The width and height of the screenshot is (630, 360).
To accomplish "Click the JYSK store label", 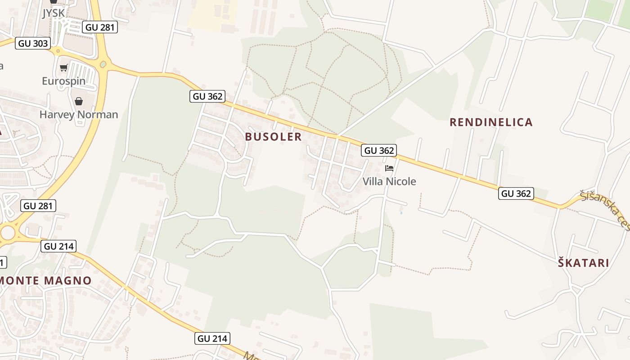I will click(54, 13).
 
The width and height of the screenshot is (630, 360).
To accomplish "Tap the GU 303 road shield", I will click(33, 43).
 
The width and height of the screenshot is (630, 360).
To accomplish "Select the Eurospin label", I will click(63, 81).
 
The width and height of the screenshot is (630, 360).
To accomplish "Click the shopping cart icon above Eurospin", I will click(63, 68).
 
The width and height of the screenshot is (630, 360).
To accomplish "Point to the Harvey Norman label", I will click(79, 114).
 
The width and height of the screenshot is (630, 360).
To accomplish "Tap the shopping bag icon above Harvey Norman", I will click(79, 101).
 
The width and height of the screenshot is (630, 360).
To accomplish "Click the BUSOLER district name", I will click(273, 137).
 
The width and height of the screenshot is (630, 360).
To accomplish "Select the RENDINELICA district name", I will click(491, 122).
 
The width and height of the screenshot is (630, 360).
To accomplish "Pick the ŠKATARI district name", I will click(583, 263).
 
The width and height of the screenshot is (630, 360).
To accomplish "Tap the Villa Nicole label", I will click(389, 181).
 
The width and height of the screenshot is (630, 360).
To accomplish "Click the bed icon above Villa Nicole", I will click(389, 168).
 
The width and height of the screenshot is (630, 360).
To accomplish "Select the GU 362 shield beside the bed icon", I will click(379, 150).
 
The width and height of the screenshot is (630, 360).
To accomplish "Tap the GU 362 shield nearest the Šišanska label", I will click(516, 193).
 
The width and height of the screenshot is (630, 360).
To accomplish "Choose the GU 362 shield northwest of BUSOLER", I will click(207, 96).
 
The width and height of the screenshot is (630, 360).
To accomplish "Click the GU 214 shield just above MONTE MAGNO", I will click(58, 246).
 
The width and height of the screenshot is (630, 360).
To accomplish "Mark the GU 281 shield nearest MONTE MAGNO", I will click(38, 206).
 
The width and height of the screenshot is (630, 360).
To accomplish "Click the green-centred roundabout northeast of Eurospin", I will click(103, 65).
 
